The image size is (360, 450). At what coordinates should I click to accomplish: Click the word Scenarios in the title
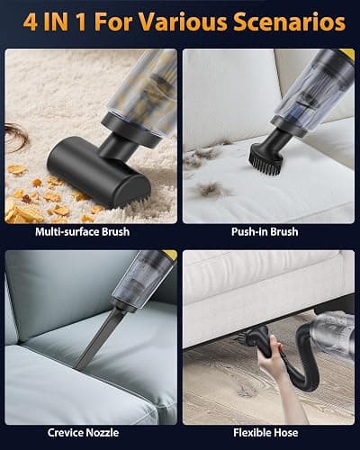pyautogui.click(x=290, y=22)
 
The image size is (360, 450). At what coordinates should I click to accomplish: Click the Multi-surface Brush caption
pyautogui.click(x=83, y=232)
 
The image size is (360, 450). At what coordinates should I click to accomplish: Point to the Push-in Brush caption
pyautogui.click(x=265, y=232)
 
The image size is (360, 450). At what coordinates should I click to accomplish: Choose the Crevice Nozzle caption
pyautogui.click(x=83, y=433)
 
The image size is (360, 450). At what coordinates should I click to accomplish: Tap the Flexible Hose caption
pyautogui.click(x=265, y=433)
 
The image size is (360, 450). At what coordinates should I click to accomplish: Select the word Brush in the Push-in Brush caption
pyautogui.click(x=283, y=232)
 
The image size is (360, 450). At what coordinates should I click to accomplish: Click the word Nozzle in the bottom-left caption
pyautogui.click(x=103, y=433)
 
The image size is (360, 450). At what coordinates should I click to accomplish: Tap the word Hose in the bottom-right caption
pyautogui.click(x=285, y=433)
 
